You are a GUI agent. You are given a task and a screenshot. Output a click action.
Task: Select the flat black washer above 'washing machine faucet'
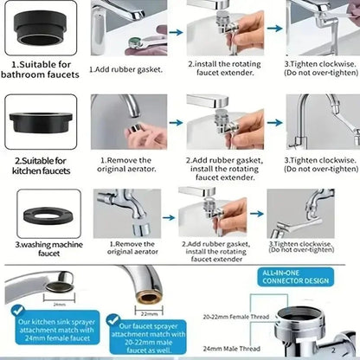click(48, 211)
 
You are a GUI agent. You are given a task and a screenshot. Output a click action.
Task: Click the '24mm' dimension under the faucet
click(59, 305)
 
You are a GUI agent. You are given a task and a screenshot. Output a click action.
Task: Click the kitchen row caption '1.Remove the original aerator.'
click(130, 164)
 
